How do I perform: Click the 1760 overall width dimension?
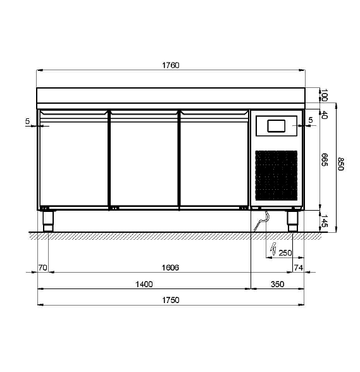pos(171,65)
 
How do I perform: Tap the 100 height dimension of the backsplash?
pos(325,95)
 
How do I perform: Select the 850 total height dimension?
pos(340,164)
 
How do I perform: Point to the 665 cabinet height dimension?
pos(325,159)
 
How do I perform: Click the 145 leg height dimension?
pos(325,221)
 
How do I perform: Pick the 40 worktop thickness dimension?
pos(325,115)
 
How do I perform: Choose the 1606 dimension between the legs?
pos(170,268)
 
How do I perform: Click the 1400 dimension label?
pos(144,284)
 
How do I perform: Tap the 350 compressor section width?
pos(277,284)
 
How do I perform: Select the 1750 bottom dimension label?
pos(171,300)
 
